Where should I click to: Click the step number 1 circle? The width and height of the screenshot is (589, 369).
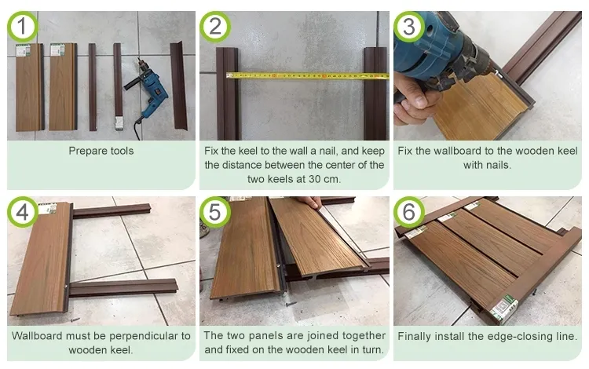22,27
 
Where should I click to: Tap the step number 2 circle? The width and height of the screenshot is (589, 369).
214,27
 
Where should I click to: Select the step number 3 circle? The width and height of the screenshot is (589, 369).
408,27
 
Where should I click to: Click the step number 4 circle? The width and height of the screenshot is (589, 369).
22,213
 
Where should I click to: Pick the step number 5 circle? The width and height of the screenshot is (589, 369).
214,213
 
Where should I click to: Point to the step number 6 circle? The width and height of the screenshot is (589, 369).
408,213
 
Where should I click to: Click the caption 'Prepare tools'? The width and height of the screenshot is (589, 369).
101,151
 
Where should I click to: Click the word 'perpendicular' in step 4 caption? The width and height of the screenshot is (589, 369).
148,336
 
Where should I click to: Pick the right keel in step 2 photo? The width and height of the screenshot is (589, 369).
375,94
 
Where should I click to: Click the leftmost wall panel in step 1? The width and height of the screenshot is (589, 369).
29,86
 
